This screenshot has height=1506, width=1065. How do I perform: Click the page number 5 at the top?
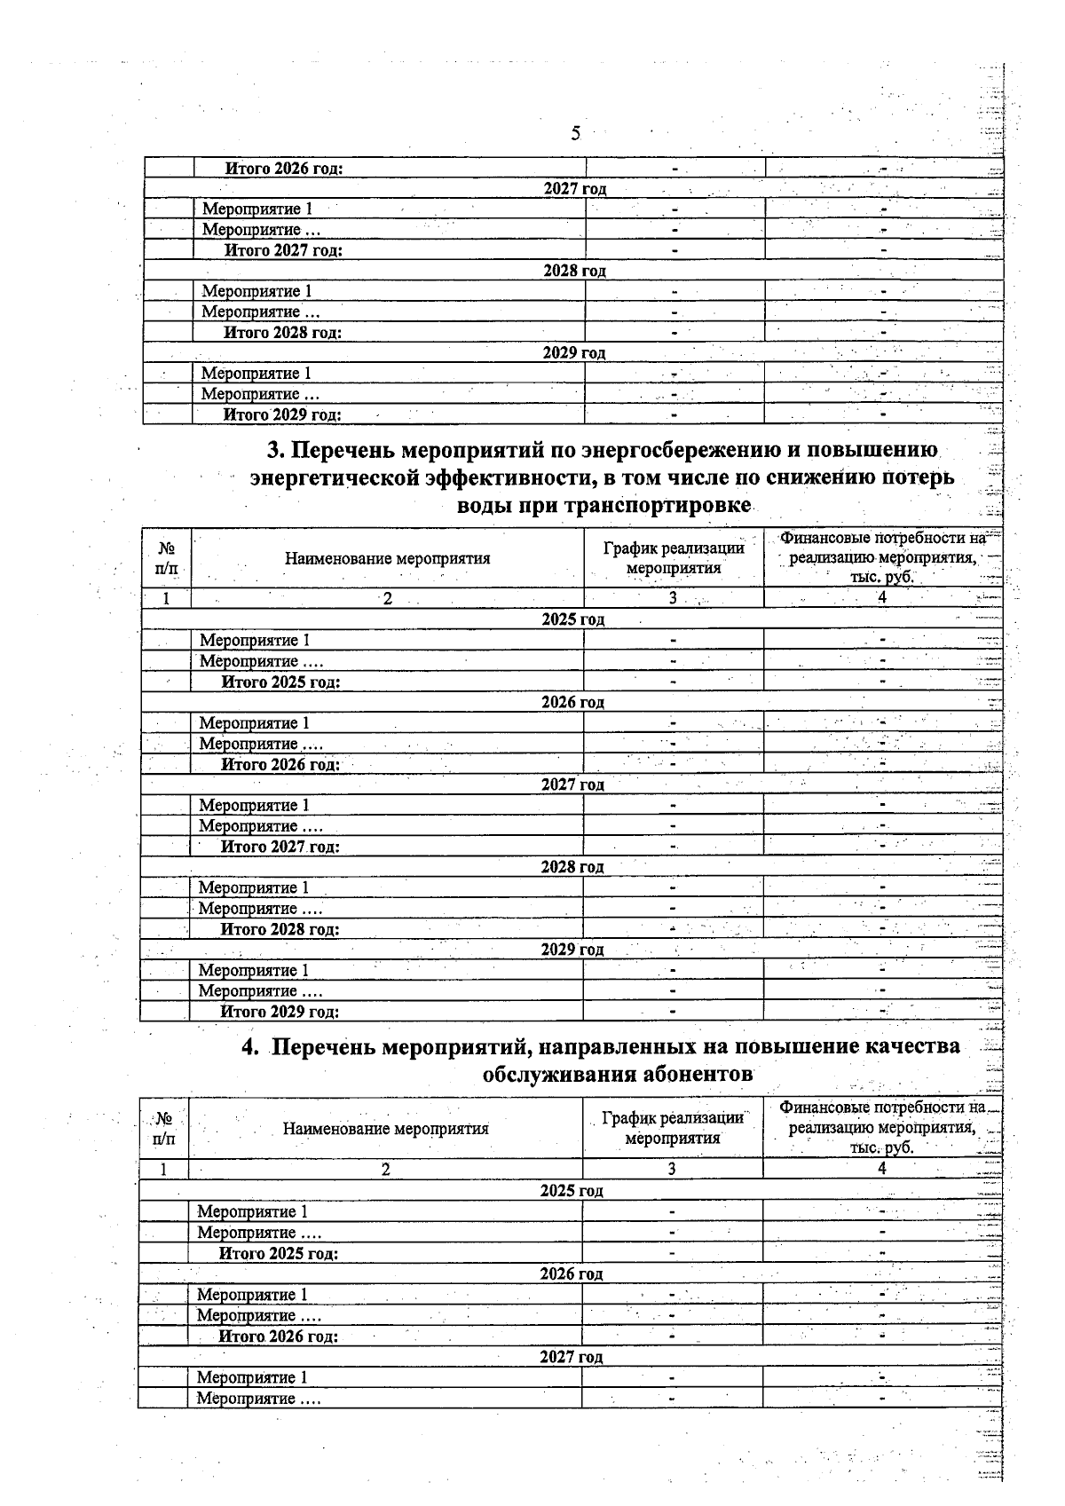(x=575, y=134)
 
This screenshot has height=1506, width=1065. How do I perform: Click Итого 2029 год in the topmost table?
(x=282, y=414)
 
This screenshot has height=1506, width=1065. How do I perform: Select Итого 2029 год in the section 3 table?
(x=280, y=1012)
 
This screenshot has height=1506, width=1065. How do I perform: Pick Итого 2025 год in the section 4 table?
(x=279, y=1253)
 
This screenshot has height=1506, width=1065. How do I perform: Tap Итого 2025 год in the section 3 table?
(x=281, y=682)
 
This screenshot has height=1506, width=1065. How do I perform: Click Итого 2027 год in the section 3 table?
(x=280, y=847)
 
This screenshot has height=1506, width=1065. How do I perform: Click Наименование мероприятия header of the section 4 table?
(x=386, y=1129)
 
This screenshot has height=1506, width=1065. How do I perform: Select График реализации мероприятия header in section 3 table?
(x=674, y=558)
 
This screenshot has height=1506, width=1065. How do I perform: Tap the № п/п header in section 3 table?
(x=166, y=558)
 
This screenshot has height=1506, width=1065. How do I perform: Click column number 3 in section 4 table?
(x=672, y=1170)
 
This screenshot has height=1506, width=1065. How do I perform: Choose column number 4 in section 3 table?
(x=882, y=598)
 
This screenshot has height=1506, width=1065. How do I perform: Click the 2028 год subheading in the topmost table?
(x=575, y=271)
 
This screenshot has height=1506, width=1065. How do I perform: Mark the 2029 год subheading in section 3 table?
(x=572, y=950)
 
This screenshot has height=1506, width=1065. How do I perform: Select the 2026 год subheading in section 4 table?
(x=572, y=1274)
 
